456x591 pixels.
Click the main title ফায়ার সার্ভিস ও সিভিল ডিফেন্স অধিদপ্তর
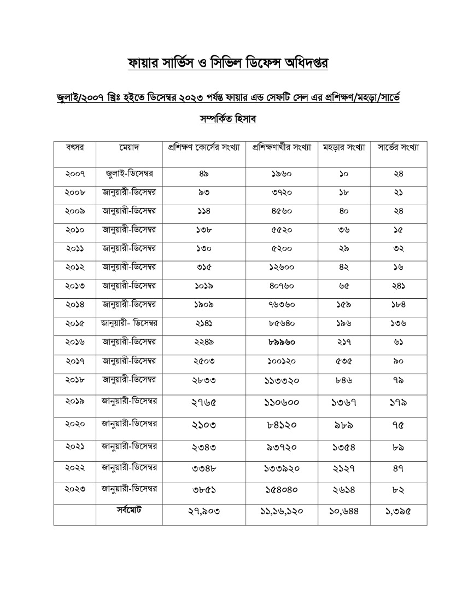point(227,62)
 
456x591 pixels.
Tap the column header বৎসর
point(74,148)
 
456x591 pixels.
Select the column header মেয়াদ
point(130,148)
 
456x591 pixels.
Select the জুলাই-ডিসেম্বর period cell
point(130,174)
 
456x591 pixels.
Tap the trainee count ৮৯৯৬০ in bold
point(282,342)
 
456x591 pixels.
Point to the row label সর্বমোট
point(130,509)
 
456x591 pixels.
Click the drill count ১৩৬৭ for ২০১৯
point(344,403)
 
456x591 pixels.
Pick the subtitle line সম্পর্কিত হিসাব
point(227,118)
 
